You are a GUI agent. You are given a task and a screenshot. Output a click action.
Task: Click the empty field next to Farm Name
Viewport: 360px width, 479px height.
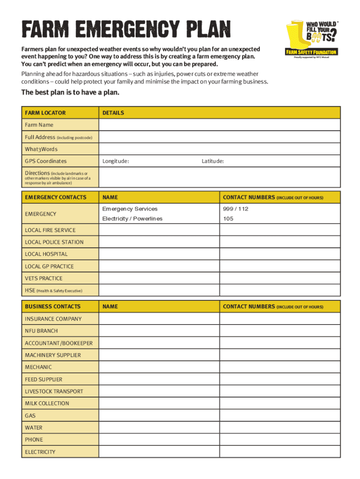pos(219,125)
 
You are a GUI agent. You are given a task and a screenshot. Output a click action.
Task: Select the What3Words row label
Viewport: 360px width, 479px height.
pos(41,149)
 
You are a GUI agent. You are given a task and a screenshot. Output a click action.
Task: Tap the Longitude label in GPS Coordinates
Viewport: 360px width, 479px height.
pos(116,161)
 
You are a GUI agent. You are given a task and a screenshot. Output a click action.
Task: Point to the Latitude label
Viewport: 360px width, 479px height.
pos(213,161)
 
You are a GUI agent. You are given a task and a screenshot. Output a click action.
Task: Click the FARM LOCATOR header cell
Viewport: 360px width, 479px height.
pos(45,113)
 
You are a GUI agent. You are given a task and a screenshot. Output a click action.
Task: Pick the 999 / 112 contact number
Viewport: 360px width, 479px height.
pos(236,209)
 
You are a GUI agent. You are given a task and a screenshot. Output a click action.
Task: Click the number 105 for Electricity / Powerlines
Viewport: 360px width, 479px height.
pos(229,218)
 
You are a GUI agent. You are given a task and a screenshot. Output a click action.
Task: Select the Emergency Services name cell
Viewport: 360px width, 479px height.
pos(130,209)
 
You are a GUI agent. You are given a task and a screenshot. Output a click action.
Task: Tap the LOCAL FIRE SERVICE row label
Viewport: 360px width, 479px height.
pos(50,230)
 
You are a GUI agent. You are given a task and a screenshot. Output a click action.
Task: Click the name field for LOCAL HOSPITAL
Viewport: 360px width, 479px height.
pos(159,254)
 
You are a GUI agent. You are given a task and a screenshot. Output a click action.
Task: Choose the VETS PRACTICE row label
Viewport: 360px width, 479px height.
pos(43,278)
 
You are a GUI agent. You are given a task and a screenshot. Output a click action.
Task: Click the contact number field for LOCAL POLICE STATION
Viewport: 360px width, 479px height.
pos(280,242)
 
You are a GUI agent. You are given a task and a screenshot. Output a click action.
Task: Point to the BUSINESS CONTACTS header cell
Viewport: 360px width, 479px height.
pos(53,306)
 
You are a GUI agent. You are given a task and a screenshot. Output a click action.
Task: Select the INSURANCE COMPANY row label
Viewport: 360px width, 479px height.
pos(53,319)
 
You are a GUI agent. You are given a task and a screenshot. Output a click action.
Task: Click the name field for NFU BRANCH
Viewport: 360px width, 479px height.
pos(159,331)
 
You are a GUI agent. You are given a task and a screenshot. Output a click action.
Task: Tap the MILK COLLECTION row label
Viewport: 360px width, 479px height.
pos(47,403)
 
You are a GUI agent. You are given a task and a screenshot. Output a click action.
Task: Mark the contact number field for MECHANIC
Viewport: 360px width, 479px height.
pos(280,367)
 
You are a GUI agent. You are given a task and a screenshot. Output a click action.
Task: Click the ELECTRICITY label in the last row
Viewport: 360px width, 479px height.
pos(40,452)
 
